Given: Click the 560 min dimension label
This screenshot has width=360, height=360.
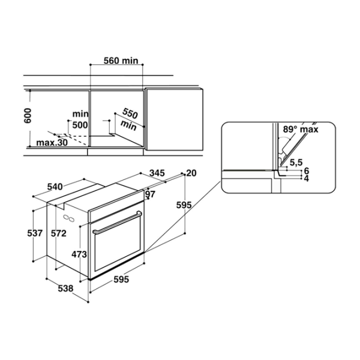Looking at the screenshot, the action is (x=121, y=61).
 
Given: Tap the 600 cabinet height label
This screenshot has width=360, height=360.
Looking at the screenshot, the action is (x=28, y=115).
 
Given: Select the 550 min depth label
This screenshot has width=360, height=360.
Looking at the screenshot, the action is (x=129, y=119).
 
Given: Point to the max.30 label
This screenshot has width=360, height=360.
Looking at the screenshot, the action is (x=52, y=143).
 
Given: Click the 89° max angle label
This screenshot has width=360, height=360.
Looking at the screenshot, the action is (x=301, y=129).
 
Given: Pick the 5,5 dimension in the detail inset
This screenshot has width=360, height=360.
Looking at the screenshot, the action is (x=296, y=163).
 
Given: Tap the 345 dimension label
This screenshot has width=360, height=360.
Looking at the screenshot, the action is (x=157, y=173).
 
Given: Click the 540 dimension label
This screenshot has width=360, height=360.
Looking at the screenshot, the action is (x=55, y=187).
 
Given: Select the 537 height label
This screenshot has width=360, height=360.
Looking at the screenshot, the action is (x=35, y=233).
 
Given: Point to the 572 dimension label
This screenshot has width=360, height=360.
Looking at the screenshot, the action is (x=59, y=233).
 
